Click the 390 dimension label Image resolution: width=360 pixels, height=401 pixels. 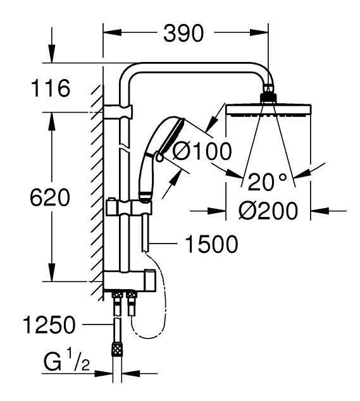tap(183, 34)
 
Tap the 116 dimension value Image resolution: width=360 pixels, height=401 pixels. tap(50, 88)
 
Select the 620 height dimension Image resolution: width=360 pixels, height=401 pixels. tap(50, 197)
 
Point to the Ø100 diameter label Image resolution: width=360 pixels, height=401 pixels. tap(202, 151)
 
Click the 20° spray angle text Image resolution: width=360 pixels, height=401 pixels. tap(267, 182)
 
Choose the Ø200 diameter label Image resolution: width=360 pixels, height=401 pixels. tap(268, 211)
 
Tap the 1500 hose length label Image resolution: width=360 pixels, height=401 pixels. tap(211, 245)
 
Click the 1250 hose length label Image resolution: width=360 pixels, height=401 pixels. tap(49, 324)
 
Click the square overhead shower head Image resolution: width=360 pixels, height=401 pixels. tap(268, 110)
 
